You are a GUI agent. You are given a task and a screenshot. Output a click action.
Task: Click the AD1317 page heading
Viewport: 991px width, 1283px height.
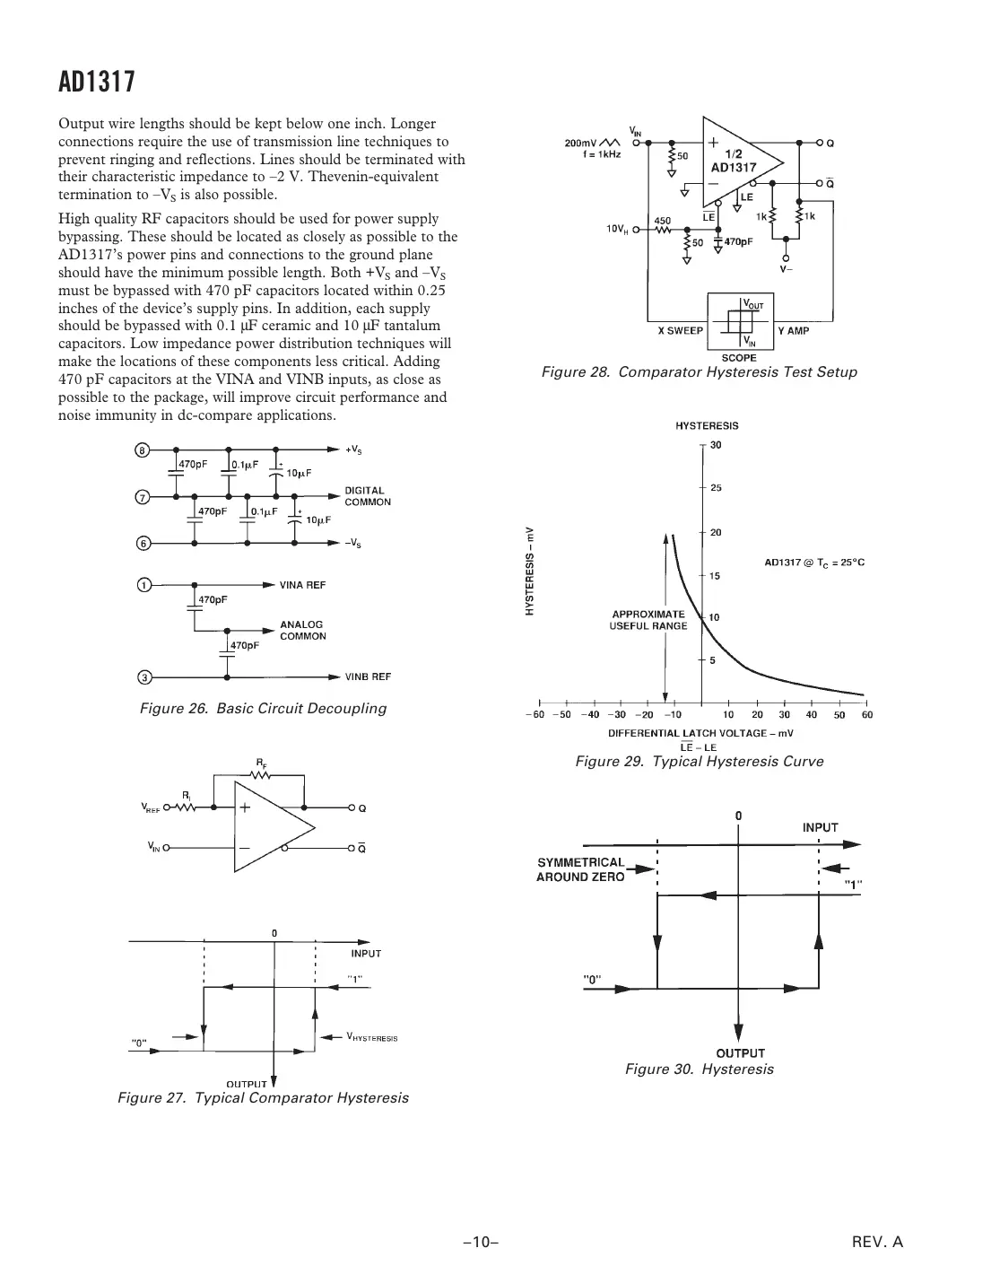97,83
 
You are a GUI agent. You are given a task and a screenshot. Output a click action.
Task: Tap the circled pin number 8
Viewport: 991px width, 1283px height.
142,449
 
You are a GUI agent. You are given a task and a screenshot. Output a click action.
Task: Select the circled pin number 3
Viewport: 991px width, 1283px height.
142,676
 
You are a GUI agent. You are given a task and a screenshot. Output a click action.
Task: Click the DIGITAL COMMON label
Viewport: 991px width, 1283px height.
368,496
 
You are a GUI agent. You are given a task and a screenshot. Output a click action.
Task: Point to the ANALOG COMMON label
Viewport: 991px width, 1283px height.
303,630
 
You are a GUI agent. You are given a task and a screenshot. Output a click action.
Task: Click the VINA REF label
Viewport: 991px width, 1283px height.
302,585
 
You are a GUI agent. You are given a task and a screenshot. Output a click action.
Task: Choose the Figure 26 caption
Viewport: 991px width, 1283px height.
263,708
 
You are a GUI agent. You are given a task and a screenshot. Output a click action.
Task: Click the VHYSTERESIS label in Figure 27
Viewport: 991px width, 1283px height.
371,1037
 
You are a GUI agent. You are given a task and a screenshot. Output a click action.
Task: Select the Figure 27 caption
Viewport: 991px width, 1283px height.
263,1097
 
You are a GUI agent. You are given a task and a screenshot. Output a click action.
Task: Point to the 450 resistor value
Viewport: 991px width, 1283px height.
662,220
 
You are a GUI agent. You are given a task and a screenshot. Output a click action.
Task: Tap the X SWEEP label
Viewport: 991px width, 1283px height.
680,330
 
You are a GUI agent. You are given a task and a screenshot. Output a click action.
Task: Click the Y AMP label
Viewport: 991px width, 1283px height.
793,330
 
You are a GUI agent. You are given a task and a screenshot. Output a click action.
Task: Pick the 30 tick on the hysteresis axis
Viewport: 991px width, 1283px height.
716,445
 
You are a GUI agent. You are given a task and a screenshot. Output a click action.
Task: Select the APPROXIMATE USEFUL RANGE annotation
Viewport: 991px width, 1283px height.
648,620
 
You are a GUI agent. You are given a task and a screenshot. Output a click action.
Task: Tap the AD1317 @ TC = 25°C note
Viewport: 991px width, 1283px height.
814,563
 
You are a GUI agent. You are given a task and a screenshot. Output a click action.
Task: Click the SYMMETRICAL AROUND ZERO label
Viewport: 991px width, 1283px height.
580,869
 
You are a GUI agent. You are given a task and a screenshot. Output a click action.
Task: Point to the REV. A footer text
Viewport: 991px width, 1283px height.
877,1243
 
